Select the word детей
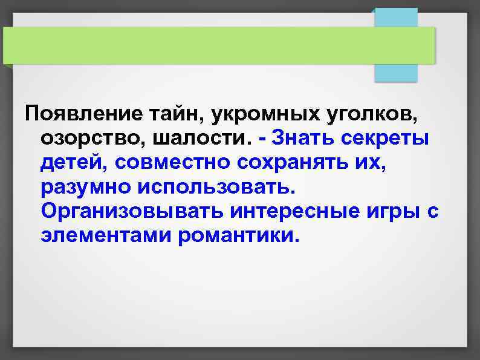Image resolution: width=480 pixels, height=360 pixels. (72, 162)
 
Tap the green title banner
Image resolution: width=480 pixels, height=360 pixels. (218, 45)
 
